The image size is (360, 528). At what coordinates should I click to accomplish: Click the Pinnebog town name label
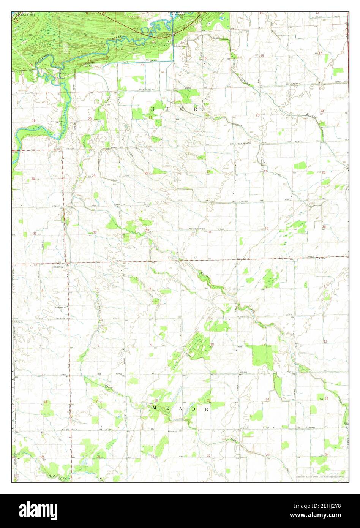[x=58, y=267]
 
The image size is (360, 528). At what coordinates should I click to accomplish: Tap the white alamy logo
[x=38, y=511]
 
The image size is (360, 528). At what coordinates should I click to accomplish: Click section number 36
[x=324, y=227]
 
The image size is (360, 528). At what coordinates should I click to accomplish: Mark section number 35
[x=267, y=229]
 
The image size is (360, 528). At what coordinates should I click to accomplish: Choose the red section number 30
[x=33, y=179]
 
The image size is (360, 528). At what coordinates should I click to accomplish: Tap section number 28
[x=146, y=173]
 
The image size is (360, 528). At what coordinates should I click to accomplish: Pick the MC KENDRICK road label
[x=197, y=229]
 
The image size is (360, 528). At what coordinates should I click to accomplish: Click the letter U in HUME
[x=167, y=109]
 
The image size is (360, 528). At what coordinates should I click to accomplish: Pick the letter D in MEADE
[x=194, y=409]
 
